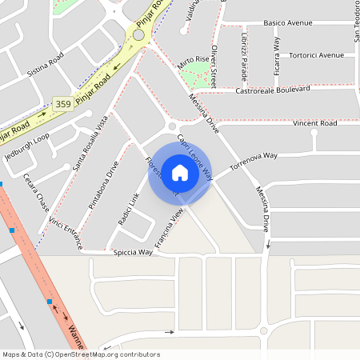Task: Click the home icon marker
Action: coord(180,173)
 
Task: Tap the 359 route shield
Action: coord(63,103)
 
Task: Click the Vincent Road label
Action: coord(314,123)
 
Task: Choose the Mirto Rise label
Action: coord(193,62)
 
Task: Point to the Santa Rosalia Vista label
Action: coord(90,143)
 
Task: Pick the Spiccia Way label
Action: coord(134,252)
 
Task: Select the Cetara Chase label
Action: coord(37,192)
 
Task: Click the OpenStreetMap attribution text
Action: coord(80,354)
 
